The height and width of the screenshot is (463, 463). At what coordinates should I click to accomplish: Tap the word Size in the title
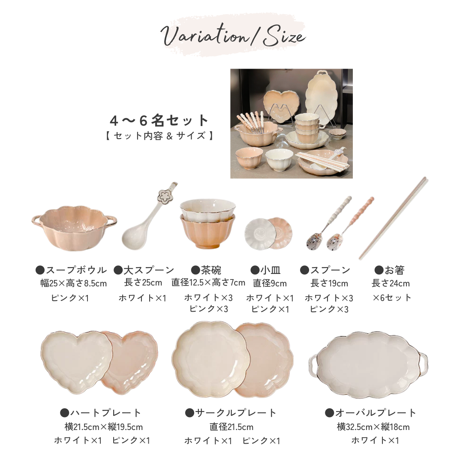click(x=284, y=36)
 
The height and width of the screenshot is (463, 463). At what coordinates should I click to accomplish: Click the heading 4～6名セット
click(x=159, y=120)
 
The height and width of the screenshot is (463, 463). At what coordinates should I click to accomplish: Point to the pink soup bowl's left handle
click(x=37, y=221)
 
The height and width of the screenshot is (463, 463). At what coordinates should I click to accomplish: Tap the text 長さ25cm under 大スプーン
click(x=143, y=283)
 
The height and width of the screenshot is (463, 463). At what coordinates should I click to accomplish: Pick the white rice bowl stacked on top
click(x=207, y=208)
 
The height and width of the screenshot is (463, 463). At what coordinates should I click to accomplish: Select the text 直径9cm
click(x=270, y=283)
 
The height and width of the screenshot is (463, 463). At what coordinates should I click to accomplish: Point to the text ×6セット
click(x=392, y=298)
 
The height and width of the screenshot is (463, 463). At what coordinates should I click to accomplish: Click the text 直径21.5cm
click(x=231, y=427)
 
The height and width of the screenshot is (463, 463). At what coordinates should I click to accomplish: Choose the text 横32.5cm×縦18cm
click(x=373, y=427)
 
